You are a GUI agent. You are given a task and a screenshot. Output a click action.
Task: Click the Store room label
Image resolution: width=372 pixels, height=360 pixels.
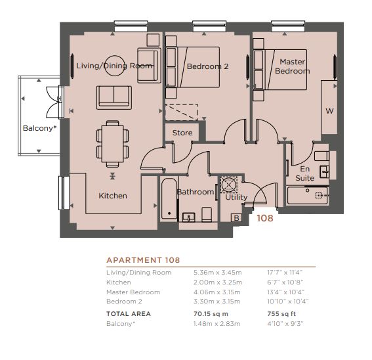click(182, 133)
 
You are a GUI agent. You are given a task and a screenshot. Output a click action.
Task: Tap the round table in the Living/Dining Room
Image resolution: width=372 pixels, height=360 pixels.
click(115, 66)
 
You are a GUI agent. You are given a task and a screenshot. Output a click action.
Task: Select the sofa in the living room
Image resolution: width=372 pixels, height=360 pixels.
click(114, 98)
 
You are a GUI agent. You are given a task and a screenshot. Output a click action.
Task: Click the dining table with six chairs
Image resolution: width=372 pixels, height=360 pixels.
click(113, 144)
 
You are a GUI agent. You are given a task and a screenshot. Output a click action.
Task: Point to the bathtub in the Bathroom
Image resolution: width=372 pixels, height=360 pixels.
click(169, 198)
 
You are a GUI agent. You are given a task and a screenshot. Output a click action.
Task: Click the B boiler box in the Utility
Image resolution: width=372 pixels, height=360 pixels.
click(236, 218)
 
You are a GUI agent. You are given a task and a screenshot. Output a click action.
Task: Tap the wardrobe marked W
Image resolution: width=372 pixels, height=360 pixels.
click(329, 107)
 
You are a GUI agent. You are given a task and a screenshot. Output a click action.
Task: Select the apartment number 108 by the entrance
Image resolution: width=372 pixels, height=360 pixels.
click(265, 218)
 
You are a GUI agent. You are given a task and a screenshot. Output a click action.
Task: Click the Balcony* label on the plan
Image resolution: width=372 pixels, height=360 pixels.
click(39, 128)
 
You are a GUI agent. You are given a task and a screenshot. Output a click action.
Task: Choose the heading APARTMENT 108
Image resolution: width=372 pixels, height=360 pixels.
click(143, 260)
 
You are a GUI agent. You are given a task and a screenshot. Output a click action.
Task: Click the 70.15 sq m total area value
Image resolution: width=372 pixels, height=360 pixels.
click(211, 313)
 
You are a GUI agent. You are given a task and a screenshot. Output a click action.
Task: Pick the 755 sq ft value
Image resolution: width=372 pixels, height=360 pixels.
click(281, 313)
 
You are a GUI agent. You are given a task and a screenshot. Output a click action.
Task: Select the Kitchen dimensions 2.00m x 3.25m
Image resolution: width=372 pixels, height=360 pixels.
click(218, 282)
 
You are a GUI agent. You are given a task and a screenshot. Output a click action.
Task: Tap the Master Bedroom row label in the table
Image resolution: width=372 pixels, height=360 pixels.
click(133, 292)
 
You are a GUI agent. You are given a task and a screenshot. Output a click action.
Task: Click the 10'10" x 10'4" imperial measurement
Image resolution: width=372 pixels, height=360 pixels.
click(288, 302)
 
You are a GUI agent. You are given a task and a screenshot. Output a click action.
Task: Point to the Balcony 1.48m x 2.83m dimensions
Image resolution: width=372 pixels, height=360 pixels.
click(217, 324)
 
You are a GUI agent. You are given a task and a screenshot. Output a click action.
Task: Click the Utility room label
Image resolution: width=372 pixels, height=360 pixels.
click(236, 197)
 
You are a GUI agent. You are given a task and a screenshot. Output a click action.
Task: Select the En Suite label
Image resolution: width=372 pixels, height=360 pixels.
click(305, 173)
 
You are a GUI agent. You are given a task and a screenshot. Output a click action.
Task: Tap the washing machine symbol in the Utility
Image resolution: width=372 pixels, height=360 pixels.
click(229, 185)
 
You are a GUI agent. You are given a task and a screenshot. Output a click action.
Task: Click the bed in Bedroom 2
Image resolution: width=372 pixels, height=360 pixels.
click(192, 67)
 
